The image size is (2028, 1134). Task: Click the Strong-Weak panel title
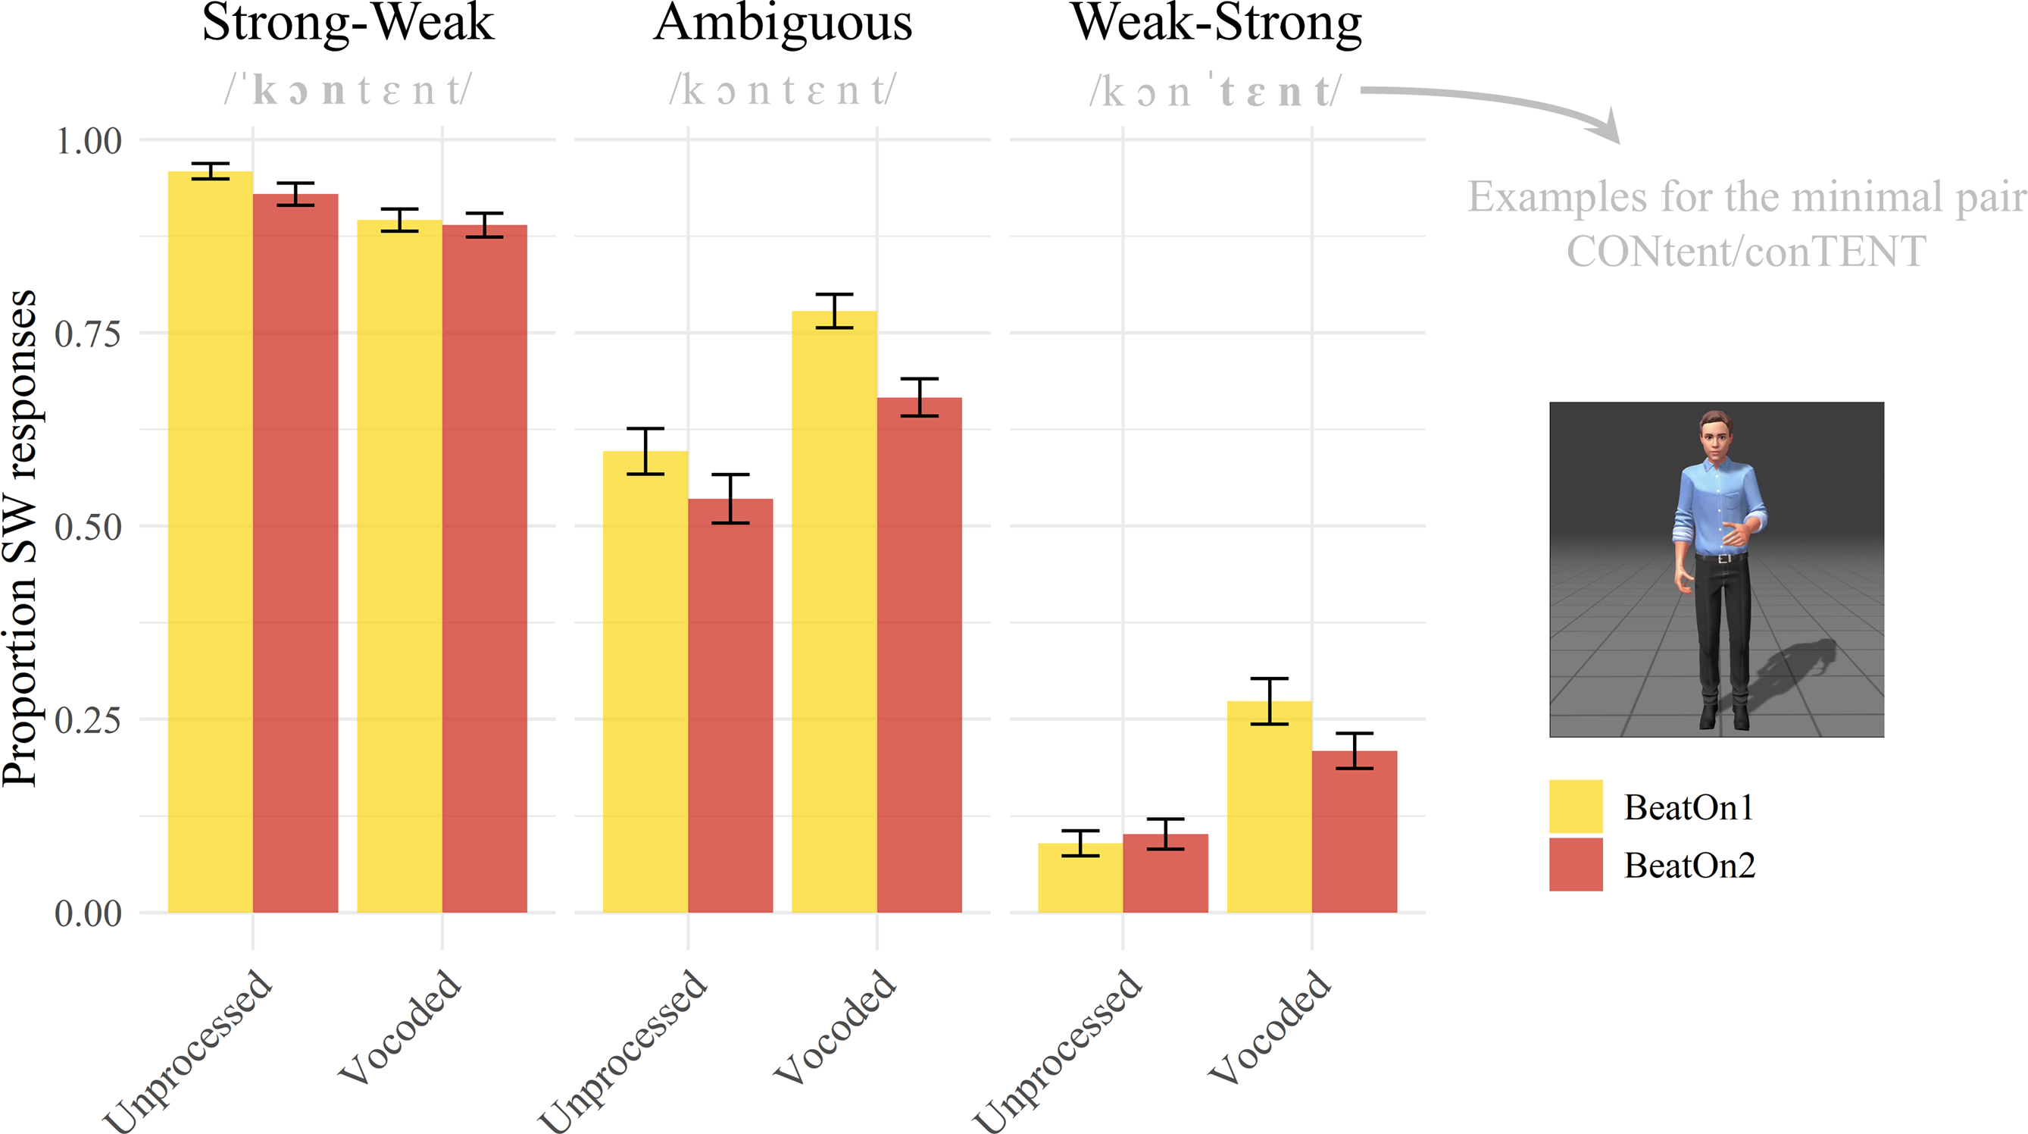click(x=348, y=23)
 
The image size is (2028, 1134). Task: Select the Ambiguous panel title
click(x=783, y=23)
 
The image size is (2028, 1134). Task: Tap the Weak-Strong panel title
click(x=1217, y=23)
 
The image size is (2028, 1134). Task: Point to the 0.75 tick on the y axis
click(x=88, y=334)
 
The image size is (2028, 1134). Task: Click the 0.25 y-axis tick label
click(x=88, y=720)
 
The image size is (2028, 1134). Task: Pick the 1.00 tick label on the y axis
click(x=88, y=142)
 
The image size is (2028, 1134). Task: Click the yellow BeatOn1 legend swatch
click(x=1575, y=806)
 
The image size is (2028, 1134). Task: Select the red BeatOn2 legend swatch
click(x=1575, y=864)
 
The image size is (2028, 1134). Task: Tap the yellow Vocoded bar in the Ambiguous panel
click(x=834, y=614)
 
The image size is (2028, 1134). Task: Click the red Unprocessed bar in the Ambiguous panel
click(x=730, y=709)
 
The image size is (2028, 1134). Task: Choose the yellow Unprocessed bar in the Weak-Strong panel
click(x=1080, y=878)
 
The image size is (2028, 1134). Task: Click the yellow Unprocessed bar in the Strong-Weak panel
click(x=210, y=544)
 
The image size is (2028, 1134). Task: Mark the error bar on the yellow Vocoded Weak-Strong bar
click(x=1269, y=701)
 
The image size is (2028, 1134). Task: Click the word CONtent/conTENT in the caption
click(x=1746, y=252)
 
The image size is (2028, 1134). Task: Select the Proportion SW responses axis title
click(x=20, y=539)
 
